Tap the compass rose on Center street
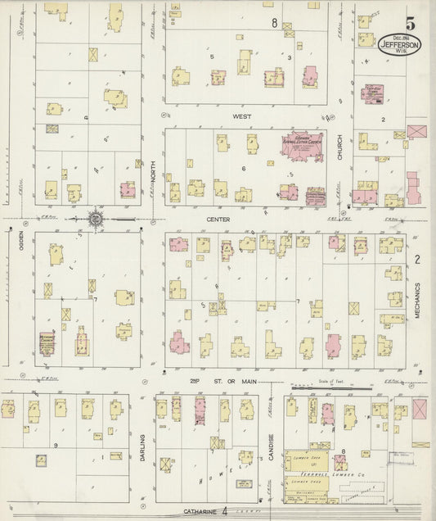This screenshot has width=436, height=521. pos(96,219)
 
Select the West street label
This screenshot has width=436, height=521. pos(242,117)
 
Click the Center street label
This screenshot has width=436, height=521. pos(218,220)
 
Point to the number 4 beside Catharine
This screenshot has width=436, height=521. pos(224,511)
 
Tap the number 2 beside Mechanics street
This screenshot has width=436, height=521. pos(416,260)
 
